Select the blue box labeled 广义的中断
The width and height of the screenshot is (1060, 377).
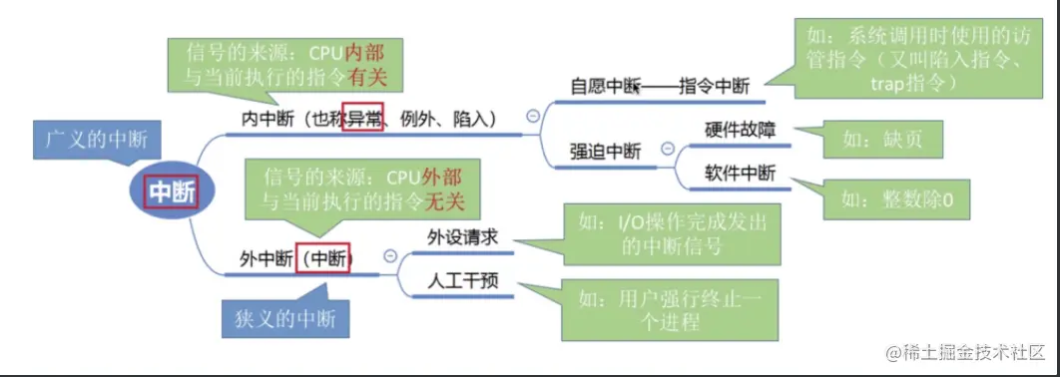pos(96,141)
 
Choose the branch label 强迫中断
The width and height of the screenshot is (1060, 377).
pos(605,151)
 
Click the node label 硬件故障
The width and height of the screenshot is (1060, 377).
pos(740,130)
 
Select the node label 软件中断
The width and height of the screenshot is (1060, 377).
pos(740,173)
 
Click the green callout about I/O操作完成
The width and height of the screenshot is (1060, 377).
pos(672,232)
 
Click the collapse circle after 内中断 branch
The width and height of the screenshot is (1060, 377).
pos(532,116)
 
